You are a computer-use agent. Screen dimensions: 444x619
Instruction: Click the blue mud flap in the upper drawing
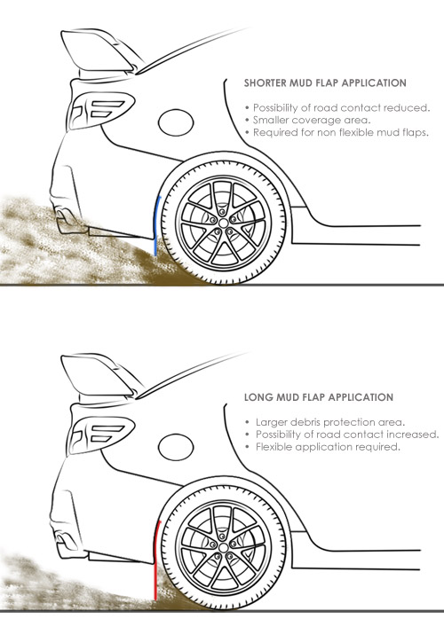157,225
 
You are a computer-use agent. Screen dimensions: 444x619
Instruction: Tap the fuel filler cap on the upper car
176,122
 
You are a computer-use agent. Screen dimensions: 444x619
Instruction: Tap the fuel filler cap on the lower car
176,447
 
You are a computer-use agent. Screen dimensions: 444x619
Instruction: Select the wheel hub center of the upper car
224,223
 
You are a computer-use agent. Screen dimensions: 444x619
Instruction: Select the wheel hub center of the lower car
224,548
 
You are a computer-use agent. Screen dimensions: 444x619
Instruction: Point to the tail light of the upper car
101,110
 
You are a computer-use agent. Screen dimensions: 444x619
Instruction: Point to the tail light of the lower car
101,435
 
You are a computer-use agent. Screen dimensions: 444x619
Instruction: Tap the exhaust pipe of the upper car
62,215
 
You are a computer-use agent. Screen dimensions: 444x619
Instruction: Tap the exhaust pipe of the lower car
63,540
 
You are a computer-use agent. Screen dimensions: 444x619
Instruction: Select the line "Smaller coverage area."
312,120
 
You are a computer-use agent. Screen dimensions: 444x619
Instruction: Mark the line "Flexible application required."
328,447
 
